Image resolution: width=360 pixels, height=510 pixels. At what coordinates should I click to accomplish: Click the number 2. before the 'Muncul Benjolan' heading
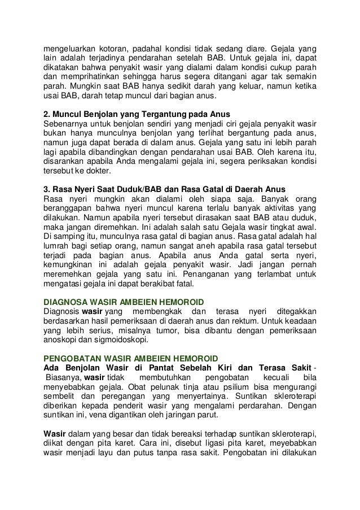(x=47, y=111)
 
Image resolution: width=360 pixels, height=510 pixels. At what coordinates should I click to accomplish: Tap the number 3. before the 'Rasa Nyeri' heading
(x=47, y=189)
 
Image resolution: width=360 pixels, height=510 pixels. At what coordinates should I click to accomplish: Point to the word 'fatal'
(x=180, y=284)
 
